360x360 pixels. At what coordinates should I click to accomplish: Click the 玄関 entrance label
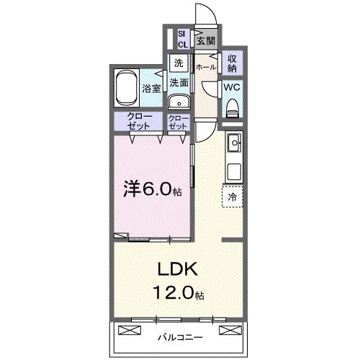click(207, 40)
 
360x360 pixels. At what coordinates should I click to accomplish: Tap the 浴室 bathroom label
click(152, 90)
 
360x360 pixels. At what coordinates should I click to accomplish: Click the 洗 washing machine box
click(178, 63)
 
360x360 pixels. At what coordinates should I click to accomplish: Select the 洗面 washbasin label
click(179, 82)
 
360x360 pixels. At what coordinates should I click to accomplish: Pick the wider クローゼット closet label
click(140, 122)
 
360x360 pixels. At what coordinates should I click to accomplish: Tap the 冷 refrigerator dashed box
click(232, 194)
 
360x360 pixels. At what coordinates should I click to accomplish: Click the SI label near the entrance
click(182, 33)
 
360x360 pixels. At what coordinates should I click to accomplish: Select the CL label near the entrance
click(182, 44)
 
